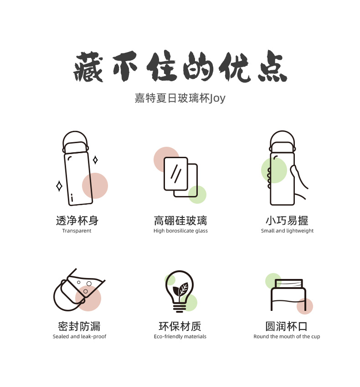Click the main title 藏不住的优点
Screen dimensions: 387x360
(x=180, y=67)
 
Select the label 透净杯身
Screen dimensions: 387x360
(x=77, y=221)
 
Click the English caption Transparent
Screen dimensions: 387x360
(x=77, y=231)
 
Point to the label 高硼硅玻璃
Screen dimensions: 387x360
(x=180, y=221)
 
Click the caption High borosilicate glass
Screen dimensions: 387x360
(x=180, y=231)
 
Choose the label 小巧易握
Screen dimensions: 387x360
(x=287, y=221)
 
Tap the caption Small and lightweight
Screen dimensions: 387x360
(x=287, y=231)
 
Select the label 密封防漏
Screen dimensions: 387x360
(x=79, y=326)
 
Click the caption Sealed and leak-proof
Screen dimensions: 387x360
(x=79, y=336)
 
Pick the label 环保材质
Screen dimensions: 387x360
(x=180, y=326)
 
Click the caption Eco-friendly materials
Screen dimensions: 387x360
(x=180, y=336)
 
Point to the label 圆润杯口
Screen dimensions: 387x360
(x=287, y=326)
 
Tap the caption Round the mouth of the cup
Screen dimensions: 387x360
(x=287, y=336)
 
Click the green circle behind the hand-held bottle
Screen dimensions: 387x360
(x=274, y=170)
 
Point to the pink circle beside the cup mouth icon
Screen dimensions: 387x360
(x=305, y=306)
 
